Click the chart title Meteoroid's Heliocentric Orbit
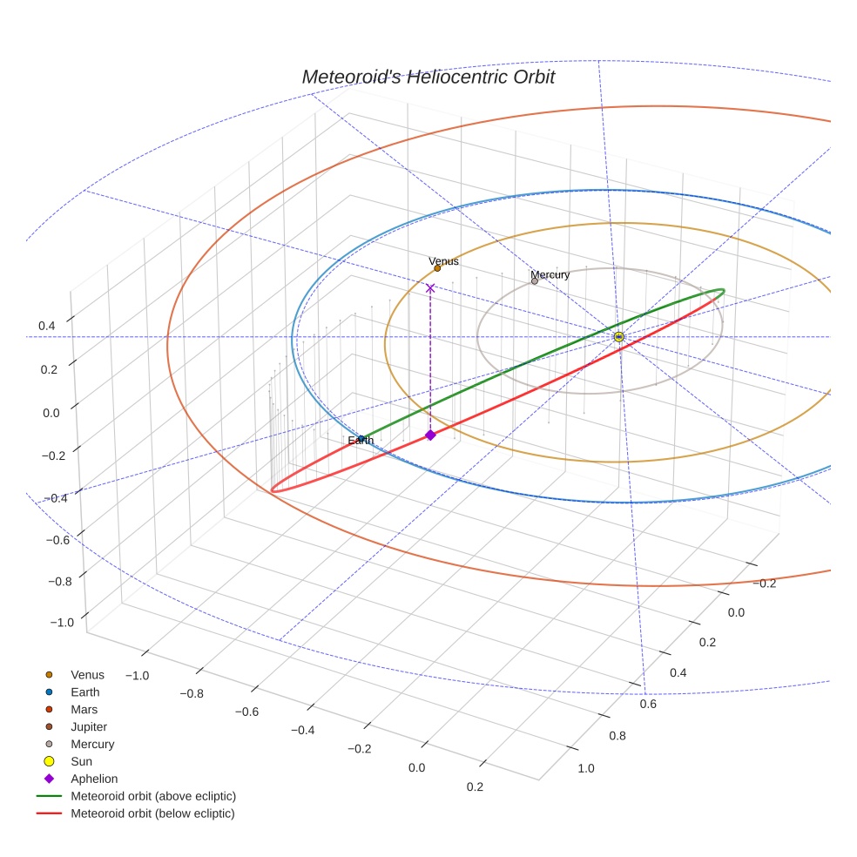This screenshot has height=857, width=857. click(x=428, y=77)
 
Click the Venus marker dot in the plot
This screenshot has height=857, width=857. click(x=437, y=268)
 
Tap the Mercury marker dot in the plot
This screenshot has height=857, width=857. click(x=535, y=281)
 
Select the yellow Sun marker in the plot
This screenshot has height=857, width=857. click(x=618, y=336)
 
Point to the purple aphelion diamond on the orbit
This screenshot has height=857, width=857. click(x=429, y=435)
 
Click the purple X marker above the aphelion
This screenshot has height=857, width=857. click(x=429, y=287)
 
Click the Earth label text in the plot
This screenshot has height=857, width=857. click(x=361, y=442)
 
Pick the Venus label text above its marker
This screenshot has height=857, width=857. click(x=443, y=260)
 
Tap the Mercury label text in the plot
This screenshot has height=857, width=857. click(x=550, y=274)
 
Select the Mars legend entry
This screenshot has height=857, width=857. click(x=84, y=709)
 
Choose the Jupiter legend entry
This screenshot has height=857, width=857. click(x=89, y=726)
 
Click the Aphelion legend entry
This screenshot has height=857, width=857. click(x=93, y=779)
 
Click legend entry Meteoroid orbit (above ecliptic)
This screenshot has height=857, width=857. click(x=152, y=796)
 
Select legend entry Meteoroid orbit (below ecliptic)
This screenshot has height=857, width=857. click(x=152, y=813)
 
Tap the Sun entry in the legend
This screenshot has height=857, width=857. click(x=81, y=761)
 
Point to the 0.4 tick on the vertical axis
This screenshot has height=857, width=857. click(x=46, y=326)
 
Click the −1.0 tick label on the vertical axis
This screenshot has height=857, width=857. click(x=61, y=622)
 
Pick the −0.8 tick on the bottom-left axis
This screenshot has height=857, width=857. click(x=192, y=693)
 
